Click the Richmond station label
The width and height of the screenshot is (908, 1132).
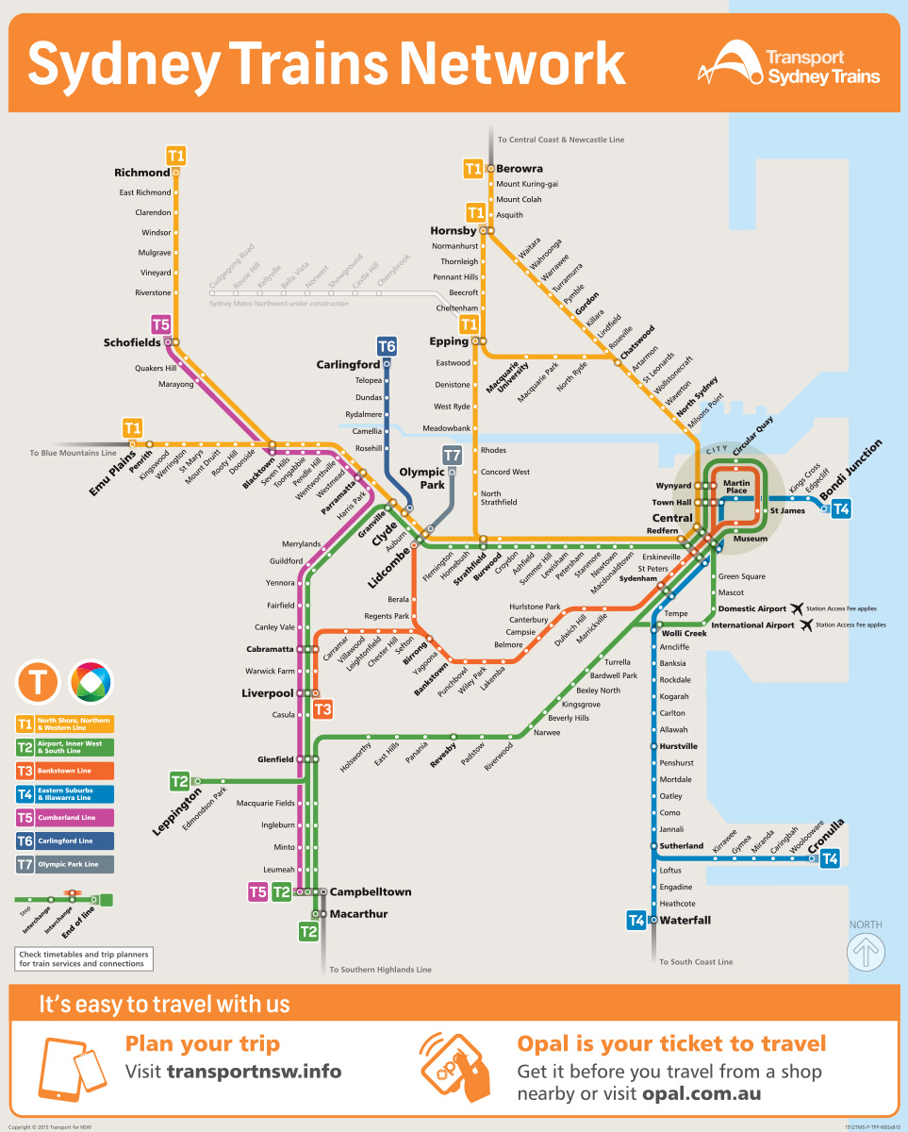click(141, 173)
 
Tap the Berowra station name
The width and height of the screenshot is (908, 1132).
click(520, 169)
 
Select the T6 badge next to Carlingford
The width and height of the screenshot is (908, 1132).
click(387, 345)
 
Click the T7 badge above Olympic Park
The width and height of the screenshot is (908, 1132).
click(452, 455)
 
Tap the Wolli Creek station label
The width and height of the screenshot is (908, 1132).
click(685, 633)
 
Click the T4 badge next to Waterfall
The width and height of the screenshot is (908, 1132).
click(636, 920)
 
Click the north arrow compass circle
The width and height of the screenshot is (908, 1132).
click(866, 952)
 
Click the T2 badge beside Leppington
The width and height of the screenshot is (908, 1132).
click(179, 781)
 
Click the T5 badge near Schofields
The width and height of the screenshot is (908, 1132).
click(161, 325)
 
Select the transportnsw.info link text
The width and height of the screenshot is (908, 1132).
click(255, 1072)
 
